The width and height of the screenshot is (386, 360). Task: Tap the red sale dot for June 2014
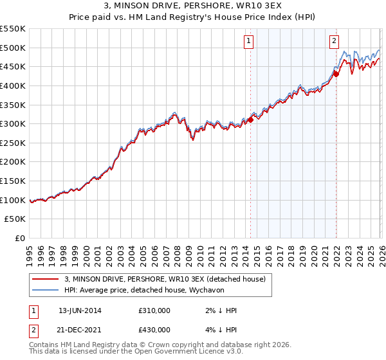250,120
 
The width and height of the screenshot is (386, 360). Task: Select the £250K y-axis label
13,143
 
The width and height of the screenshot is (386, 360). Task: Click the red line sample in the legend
46,279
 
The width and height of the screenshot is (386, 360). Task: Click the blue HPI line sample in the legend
46,290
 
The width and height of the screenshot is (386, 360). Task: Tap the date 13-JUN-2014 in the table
80,310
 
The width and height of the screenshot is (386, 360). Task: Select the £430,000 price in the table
154,330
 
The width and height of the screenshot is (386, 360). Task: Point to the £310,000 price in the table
154,310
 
